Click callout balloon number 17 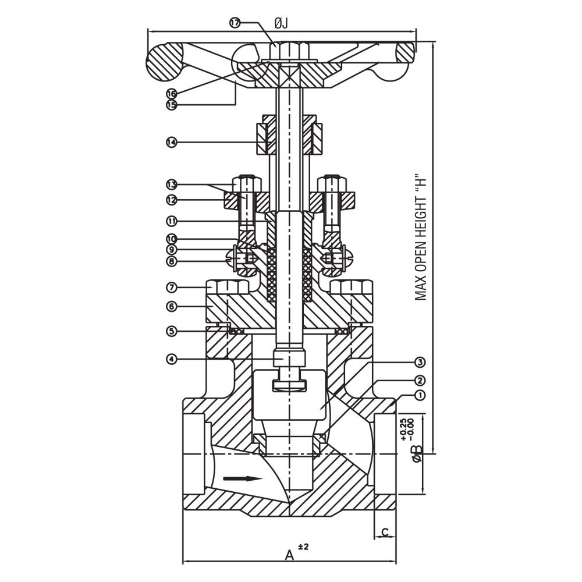click(x=235, y=23)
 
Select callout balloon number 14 click(x=171, y=141)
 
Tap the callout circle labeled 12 click(x=171, y=200)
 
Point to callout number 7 click(x=171, y=288)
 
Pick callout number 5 click(x=171, y=331)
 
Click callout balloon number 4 click(x=171, y=359)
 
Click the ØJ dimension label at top click(x=281, y=23)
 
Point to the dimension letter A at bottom click(x=289, y=555)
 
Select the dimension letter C click(x=385, y=532)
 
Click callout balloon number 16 click(x=171, y=94)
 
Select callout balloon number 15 click(x=171, y=105)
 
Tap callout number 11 click(x=171, y=221)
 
